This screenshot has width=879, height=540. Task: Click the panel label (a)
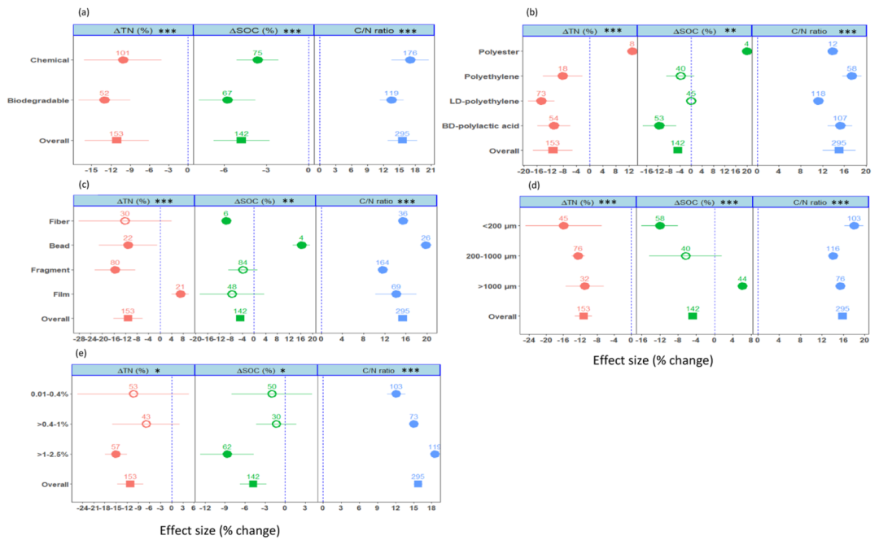tap(83, 12)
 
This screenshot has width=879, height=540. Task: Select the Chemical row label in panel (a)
tap(50, 60)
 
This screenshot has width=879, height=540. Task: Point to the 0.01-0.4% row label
tap(48, 394)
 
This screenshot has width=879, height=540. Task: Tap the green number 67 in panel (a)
tap(227, 93)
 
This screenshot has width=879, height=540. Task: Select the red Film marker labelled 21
tap(181, 294)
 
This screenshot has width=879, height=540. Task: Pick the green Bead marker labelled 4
tap(302, 245)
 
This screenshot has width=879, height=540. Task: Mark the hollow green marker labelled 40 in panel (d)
tap(685, 256)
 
